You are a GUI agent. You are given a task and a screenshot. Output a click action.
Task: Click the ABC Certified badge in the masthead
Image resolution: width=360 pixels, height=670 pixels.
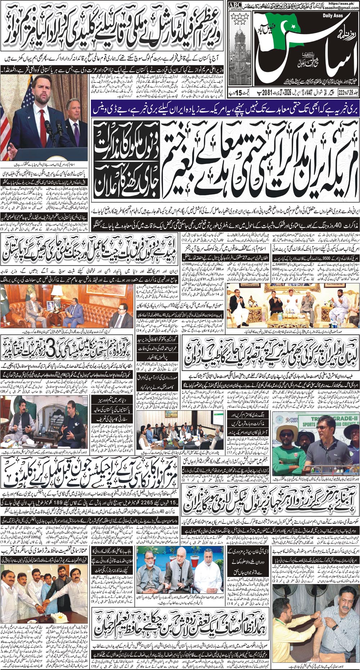tap(235, 5)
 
